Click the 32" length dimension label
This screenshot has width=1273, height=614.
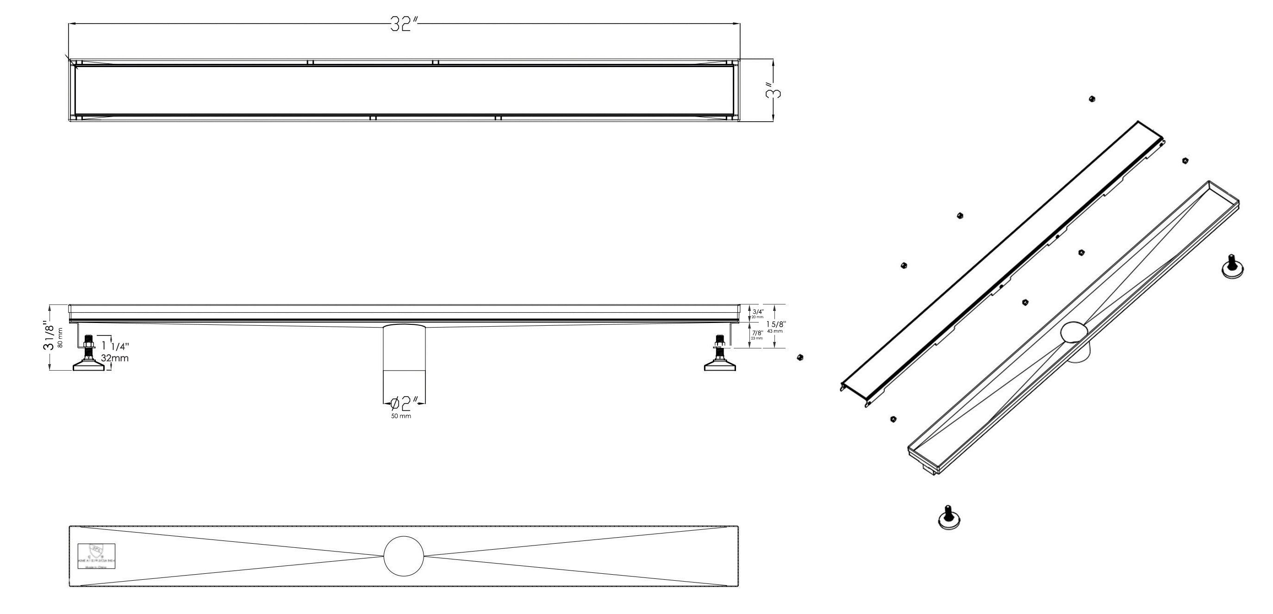click(404, 24)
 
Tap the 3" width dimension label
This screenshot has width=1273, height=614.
click(775, 92)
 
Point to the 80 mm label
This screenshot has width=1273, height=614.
click(60, 337)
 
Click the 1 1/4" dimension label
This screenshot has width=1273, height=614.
click(115, 347)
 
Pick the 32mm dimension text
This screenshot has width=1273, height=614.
click(115, 358)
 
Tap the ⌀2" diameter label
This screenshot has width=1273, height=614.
click(405, 403)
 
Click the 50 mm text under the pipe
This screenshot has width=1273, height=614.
click(401, 416)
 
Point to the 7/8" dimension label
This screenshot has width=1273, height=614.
click(757, 333)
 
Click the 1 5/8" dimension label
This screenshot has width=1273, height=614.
click(776, 323)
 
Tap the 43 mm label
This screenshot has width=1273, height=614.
click(775, 331)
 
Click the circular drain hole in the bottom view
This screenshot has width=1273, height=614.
click(404, 556)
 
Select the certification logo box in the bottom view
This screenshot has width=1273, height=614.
click(96, 557)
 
